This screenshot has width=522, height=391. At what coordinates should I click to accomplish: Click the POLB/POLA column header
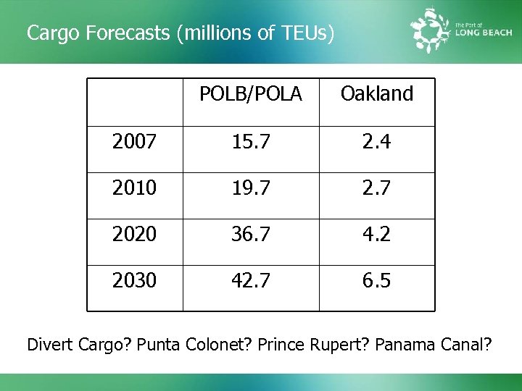click(x=250, y=94)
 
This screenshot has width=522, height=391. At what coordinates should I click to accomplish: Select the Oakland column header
click(x=376, y=94)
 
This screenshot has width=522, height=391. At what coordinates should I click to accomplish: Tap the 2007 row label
click(x=134, y=143)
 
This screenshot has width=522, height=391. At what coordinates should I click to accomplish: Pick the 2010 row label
click(x=134, y=189)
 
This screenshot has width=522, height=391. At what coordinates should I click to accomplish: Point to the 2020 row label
click(x=134, y=235)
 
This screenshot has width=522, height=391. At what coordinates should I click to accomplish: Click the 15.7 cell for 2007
click(x=250, y=143)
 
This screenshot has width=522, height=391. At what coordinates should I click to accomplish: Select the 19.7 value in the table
click(x=250, y=189)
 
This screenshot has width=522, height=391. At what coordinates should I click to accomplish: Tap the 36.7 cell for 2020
click(x=250, y=235)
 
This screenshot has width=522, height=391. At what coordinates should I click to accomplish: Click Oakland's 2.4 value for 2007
click(x=376, y=143)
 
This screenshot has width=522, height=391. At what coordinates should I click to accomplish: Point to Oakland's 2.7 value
click(x=376, y=189)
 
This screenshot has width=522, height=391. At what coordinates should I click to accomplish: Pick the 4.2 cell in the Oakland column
click(x=376, y=235)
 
